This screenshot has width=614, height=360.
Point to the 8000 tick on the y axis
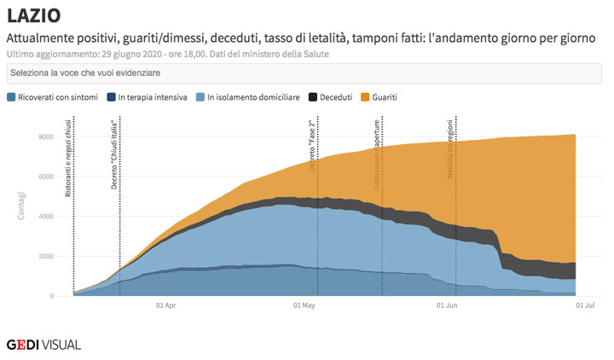44,136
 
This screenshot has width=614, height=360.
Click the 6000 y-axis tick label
44,177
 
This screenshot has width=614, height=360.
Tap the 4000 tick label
44,217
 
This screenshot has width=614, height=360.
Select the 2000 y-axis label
44,257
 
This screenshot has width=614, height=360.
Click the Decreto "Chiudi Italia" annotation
114,154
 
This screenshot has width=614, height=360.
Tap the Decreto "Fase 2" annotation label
312,146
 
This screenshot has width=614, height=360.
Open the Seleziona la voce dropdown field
306,74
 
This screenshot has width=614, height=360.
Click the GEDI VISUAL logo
44,345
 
